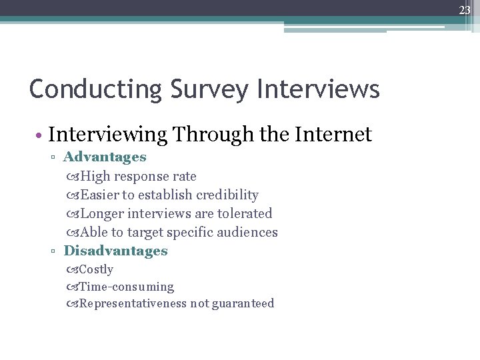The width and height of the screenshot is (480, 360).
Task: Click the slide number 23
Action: tap(464, 10)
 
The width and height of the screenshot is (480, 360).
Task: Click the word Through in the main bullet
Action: tap(213, 135)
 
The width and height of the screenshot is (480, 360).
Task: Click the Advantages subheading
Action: tap(105, 157)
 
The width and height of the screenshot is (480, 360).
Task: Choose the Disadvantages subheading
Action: tap(115, 251)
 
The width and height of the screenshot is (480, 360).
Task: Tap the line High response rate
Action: tap(138, 177)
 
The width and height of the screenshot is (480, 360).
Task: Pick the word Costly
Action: tap(96, 270)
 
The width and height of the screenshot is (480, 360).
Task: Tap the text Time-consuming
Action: tap(127, 287)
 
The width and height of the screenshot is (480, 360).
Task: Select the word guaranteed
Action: tap(243, 304)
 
